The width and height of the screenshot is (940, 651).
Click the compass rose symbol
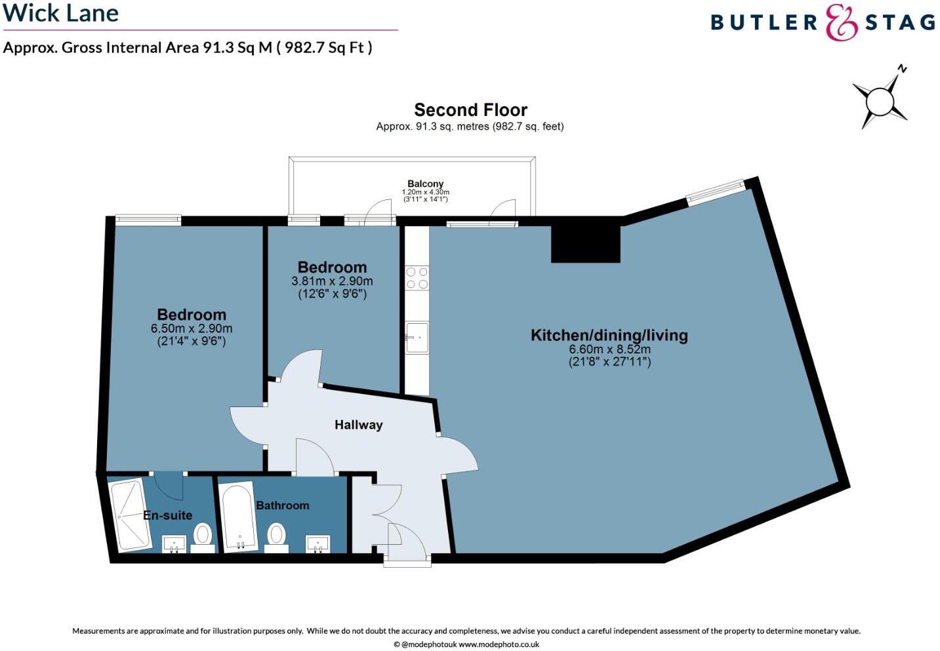(880, 102)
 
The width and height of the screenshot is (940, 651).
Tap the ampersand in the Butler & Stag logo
(842, 23)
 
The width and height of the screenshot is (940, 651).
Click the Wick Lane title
(60, 13)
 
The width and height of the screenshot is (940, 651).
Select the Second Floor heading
(470, 109)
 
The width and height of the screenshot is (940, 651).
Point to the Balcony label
(425, 184)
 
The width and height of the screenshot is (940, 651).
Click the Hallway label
(358, 425)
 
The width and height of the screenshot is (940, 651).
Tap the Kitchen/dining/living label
(609, 336)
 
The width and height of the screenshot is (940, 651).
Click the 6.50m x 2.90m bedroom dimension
(192, 328)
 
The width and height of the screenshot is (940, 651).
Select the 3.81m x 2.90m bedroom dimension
(332, 281)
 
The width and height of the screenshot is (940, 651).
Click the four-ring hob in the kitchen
(417, 278)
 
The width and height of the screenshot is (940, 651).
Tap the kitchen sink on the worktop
(417, 337)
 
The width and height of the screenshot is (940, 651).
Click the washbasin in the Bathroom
(318, 543)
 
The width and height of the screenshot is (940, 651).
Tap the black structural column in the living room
(585, 243)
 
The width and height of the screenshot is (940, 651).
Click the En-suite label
(168, 515)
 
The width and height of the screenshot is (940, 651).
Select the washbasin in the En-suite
(174, 543)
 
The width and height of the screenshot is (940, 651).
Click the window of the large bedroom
(148, 220)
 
